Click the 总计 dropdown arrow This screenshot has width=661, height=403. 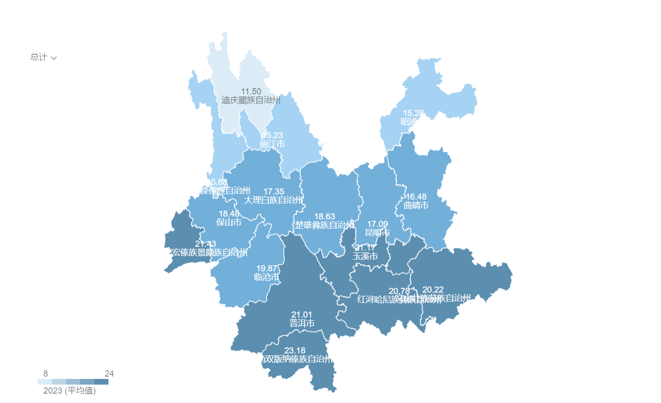tap(54, 58)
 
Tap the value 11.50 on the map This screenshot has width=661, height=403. tap(251, 92)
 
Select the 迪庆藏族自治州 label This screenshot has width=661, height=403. tap(251, 100)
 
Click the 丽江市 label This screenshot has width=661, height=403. tap(272, 144)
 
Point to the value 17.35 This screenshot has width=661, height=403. tap(273, 192)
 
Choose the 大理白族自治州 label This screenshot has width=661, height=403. tap(273, 200)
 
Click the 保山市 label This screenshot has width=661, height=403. tap(229, 222)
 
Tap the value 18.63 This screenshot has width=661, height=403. tap(325, 217)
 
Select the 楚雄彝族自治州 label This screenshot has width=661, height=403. tap(325, 226)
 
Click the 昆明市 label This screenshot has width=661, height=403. tap(378, 233)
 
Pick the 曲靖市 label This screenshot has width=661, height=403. tap(416, 205)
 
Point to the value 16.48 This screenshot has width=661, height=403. tap(416, 197)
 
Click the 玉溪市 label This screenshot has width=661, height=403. tap(365, 256)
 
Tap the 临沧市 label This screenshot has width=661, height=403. tap(266, 277)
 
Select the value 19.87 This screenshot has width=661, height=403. tap(266, 269)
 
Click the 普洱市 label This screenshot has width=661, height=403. tap(302, 323)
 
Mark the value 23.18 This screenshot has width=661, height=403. tap(295, 351)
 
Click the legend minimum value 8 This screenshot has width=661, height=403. tap(46, 374)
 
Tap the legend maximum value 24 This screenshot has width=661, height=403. tap(109, 374)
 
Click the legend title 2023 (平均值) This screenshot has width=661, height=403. tap(69, 391)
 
